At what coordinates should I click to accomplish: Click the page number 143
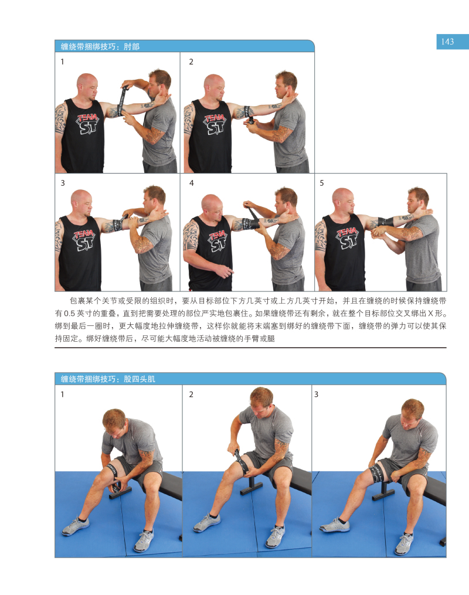pos(447,42)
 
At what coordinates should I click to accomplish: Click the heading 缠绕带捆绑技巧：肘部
pos(100,47)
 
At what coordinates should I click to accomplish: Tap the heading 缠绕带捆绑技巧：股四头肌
pos(108,379)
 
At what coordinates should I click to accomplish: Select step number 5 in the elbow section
pos(322,183)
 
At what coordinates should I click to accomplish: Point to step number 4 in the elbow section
pos(192,183)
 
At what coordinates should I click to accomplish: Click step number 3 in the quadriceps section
pos(316,395)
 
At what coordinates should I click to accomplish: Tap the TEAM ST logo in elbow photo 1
pos(88,123)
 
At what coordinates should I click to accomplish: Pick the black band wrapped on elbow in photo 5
pos(386,221)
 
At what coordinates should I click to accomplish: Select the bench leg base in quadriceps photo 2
pos(251,488)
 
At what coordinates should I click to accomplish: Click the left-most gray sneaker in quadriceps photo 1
pos(76,526)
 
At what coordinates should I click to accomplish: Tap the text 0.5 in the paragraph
pos(70,314)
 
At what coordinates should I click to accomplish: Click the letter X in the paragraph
pos(430,314)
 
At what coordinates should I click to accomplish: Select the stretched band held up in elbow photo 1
pos(123,101)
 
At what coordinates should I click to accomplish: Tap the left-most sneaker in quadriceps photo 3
pos(334,526)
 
